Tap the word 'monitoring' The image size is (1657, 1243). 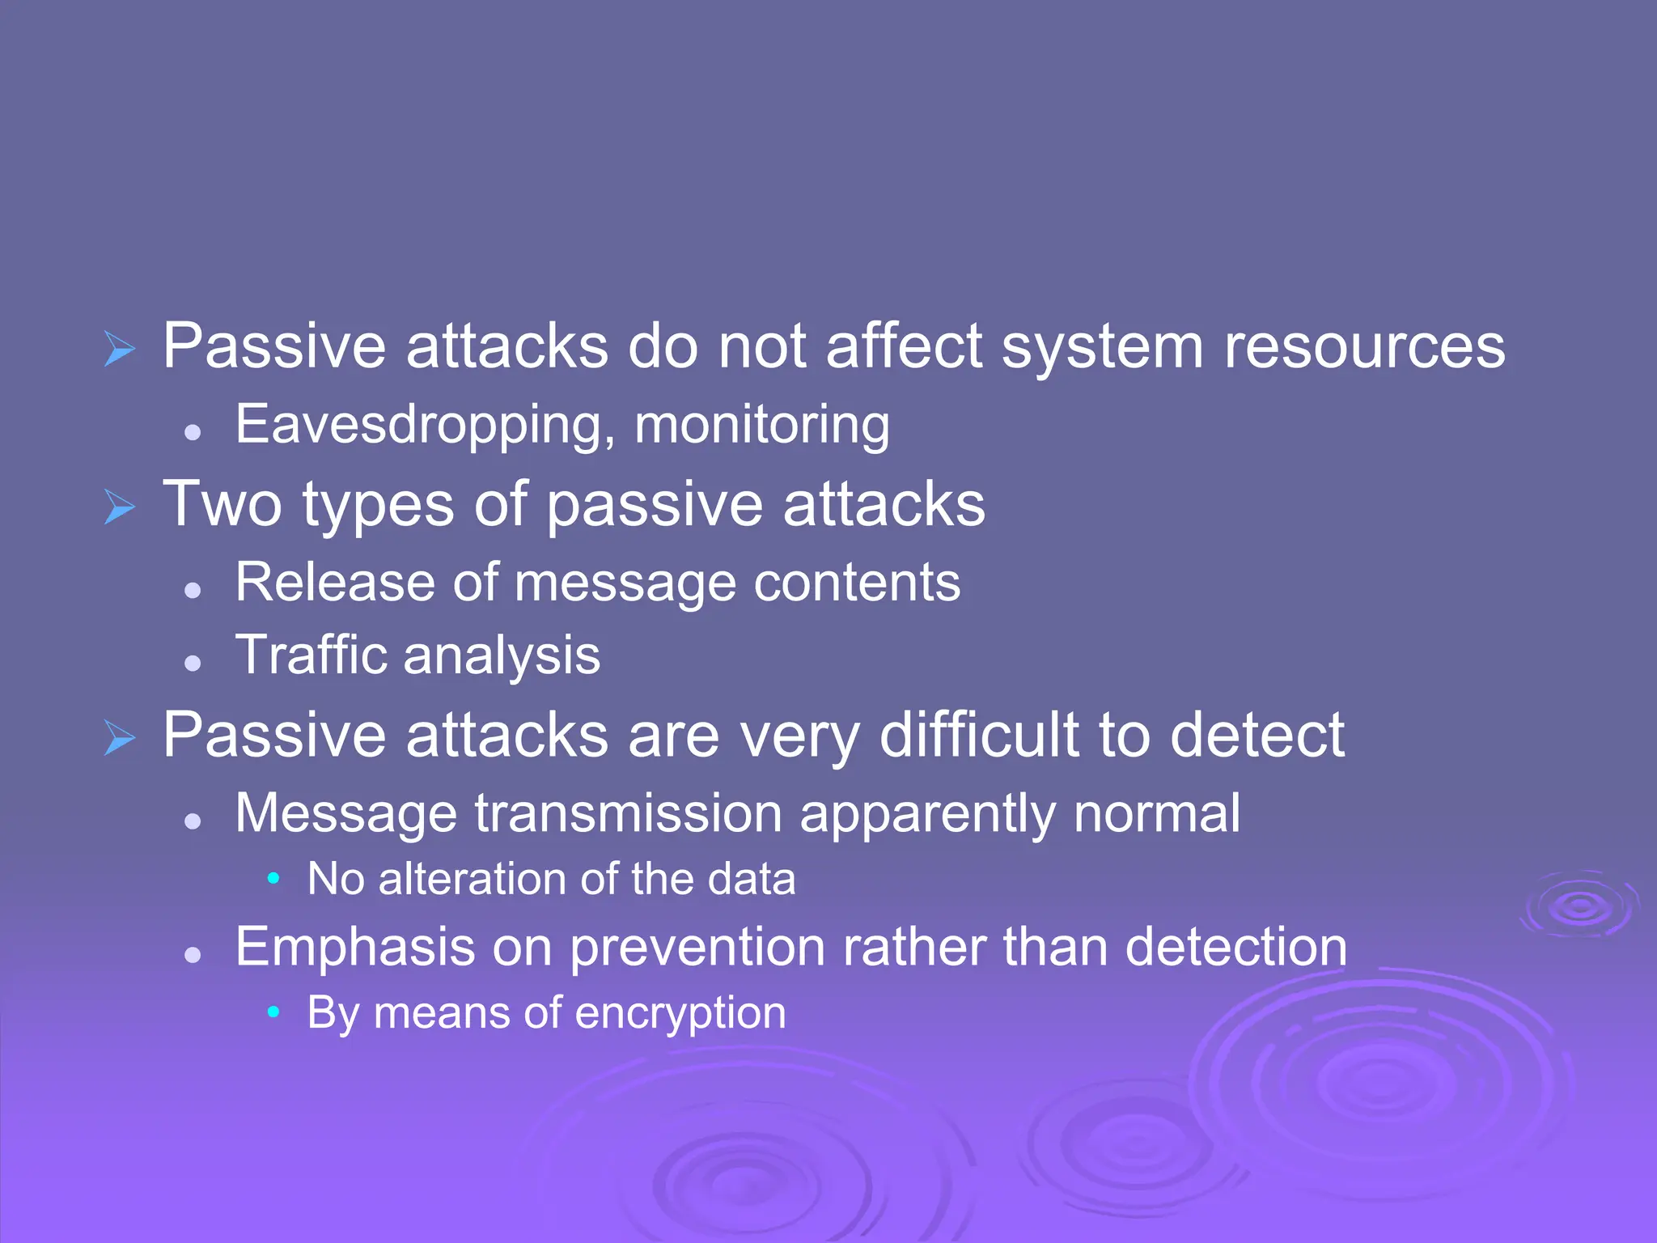[761, 425]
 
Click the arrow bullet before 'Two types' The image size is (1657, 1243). [120, 507]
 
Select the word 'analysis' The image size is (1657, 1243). [502, 656]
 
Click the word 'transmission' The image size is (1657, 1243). [628, 812]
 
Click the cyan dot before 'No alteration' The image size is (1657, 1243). [273, 878]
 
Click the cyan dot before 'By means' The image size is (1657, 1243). [273, 1012]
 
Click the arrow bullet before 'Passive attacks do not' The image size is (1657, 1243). [120, 350]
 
